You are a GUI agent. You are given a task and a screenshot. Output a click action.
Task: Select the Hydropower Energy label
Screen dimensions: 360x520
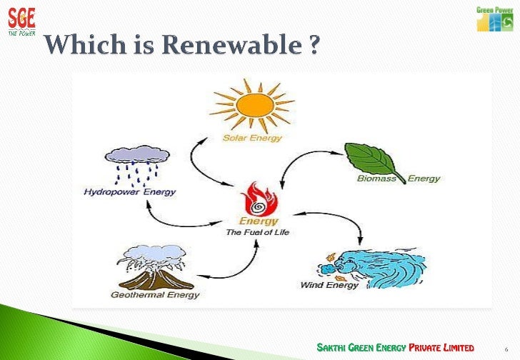(x=129, y=192)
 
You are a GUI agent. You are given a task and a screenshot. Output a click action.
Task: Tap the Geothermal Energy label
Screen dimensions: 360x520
(x=155, y=294)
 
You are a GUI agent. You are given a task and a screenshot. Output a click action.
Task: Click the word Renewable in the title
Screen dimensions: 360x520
(x=234, y=48)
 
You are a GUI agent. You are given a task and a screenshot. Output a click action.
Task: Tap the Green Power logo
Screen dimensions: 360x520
(x=494, y=19)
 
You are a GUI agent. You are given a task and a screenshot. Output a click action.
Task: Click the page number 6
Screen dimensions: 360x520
(x=505, y=349)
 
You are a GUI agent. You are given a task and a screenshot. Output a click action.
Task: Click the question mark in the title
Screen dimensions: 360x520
(x=314, y=48)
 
